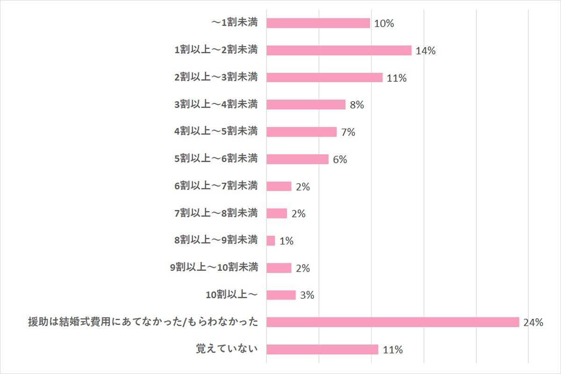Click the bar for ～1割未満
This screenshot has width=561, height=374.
(x=318, y=23)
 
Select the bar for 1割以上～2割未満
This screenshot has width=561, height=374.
(x=339, y=50)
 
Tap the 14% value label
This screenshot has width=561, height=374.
(x=425, y=51)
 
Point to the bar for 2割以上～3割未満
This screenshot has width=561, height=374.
(x=324, y=78)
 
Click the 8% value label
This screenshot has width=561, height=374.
(x=357, y=105)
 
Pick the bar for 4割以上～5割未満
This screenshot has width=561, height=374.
(x=302, y=132)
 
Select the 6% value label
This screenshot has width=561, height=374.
(x=340, y=160)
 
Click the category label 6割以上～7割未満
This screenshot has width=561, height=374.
(x=216, y=186)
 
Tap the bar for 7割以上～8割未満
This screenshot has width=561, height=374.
(x=277, y=213)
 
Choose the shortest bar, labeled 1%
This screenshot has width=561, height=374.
(x=271, y=240)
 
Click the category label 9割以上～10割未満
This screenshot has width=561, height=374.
(x=214, y=267)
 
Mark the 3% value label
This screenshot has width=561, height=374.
(x=307, y=295)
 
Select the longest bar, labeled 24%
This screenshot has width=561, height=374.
(x=393, y=322)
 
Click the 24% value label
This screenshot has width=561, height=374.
(x=533, y=323)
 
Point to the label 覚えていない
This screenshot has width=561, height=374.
(x=226, y=349)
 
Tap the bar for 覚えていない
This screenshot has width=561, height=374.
(x=322, y=349)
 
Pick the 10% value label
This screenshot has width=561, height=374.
(x=384, y=24)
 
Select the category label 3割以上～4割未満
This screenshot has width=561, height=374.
(x=216, y=104)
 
